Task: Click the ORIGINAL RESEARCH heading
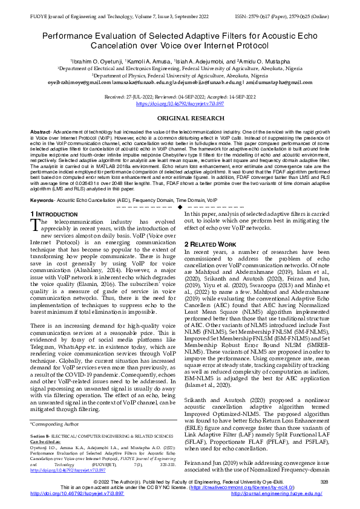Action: [x=180, y=118]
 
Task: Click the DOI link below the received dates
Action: [x=180, y=103]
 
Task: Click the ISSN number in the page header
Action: [x=284, y=6]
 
